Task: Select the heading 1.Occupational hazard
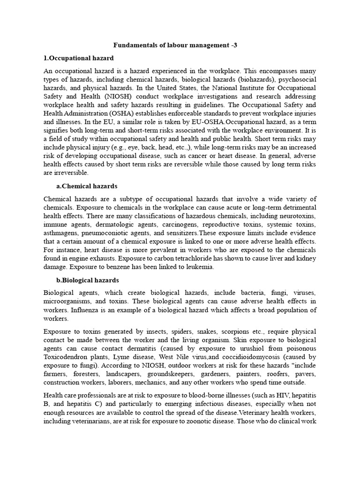78,58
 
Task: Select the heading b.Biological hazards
87,280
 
